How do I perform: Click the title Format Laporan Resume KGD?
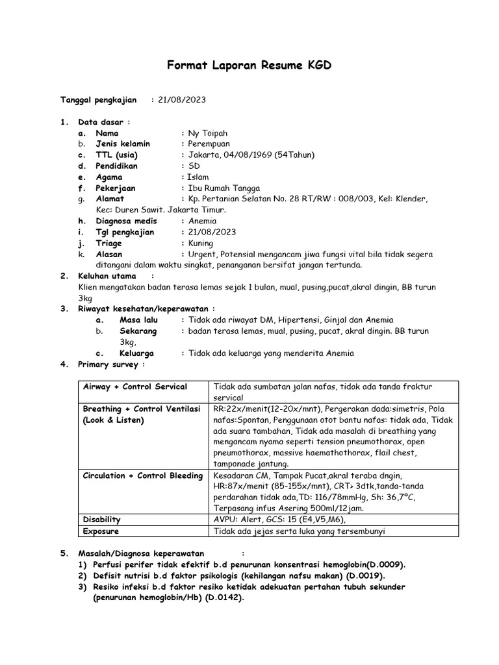[250, 66]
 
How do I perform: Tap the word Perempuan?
[209, 144]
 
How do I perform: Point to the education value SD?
[194, 166]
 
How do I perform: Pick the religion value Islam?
[198, 177]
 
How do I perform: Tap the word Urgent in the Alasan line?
[203, 254]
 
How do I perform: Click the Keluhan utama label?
[107, 276]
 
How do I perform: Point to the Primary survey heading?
[108, 364]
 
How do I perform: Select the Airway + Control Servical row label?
[135, 386]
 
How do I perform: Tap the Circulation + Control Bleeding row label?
[143, 475]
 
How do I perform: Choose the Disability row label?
[102, 520]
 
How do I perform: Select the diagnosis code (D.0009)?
[387, 564]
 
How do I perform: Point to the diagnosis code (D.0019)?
[363, 575]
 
